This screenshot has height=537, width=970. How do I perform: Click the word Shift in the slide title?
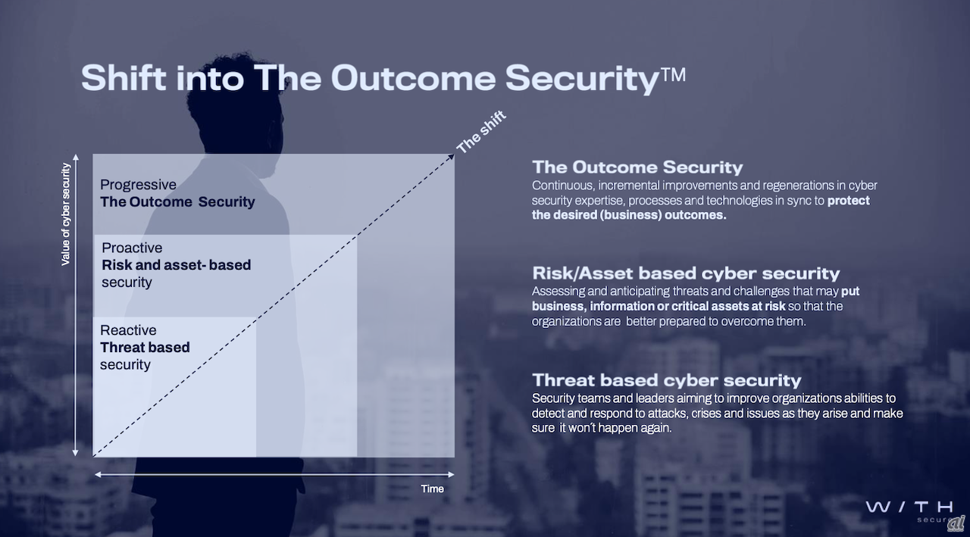click(124, 77)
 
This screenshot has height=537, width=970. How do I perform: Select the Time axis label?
click(432, 489)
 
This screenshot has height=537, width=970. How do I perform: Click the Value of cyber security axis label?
click(66, 214)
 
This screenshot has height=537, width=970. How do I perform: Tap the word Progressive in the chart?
click(138, 185)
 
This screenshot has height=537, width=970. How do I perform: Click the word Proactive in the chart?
click(132, 248)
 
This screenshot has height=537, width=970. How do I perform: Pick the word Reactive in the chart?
click(128, 330)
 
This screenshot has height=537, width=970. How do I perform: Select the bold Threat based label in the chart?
click(145, 348)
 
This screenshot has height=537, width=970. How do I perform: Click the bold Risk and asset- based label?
click(176, 265)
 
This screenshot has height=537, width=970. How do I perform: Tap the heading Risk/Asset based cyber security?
click(686, 273)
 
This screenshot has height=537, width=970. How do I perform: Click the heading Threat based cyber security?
click(666, 380)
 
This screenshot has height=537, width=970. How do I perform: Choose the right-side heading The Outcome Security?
click(637, 167)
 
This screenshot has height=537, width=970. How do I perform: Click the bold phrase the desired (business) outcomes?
click(629, 214)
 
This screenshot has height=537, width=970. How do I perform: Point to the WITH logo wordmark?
click(909, 507)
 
